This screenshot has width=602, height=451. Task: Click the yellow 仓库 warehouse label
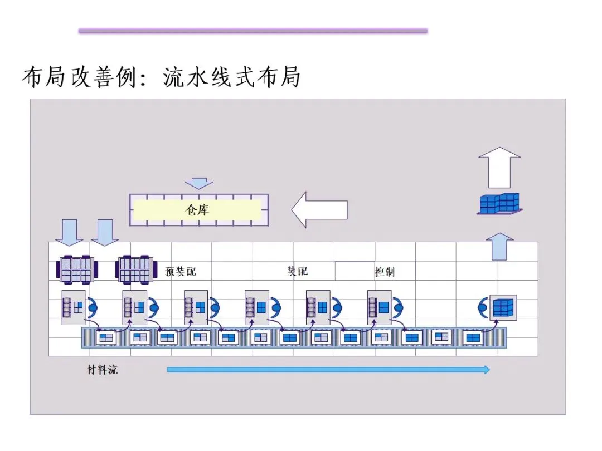click(x=197, y=210)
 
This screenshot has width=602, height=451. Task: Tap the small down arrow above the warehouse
click(x=198, y=183)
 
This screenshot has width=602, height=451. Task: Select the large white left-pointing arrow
click(x=319, y=210)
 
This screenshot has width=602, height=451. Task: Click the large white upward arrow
click(x=499, y=167)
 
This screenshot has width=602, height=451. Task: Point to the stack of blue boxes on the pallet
click(x=500, y=204)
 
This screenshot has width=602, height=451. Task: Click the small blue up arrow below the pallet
click(x=499, y=246)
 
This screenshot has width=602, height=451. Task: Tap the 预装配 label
click(x=181, y=272)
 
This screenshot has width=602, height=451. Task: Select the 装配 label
click(x=297, y=271)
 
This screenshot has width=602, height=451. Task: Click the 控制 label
click(x=385, y=272)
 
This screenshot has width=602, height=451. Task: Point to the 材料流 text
click(x=103, y=370)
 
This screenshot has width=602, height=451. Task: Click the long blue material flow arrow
click(x=328, y=369)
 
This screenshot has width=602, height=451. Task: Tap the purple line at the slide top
click(x=253, y=31)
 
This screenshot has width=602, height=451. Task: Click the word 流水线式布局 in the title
click(x=232, y=77)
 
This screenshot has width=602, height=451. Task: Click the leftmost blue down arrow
click(x=70, y=232)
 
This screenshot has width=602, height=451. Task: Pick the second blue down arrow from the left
click(x=105, y=232)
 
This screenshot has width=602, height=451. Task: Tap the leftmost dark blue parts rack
click(x=75, y=269)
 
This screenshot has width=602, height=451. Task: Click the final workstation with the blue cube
click(x=503, y=307)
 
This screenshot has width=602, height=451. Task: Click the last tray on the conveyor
click(x=473, y=337)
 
